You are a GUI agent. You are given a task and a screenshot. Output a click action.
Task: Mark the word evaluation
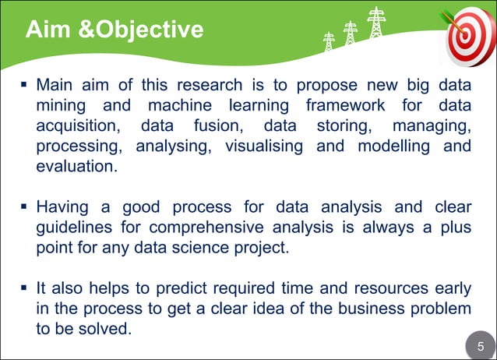[x=76, y=167]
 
